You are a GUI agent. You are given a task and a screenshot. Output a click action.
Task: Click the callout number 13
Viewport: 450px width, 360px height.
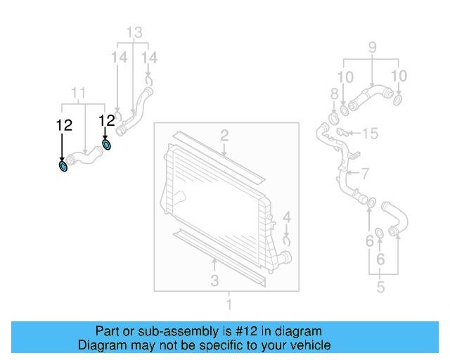point(134,32)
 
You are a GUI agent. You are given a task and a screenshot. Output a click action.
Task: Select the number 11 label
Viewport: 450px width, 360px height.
point(79,93)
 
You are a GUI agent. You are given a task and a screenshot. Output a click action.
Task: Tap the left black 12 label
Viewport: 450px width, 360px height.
point(64,125)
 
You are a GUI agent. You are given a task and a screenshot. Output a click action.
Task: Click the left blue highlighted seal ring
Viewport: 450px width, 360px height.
point(63,166)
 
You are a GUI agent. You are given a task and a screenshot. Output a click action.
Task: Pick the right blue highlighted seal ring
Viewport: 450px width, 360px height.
point(106,145)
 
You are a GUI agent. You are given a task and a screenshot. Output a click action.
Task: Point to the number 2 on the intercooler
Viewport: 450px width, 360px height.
point(224,134)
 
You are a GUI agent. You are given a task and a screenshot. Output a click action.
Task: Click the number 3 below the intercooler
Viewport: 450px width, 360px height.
point(214,281)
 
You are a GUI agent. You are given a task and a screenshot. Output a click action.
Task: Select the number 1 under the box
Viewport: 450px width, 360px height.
point(228,304)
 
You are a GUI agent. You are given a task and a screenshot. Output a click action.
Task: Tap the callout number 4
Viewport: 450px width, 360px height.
point(287,217)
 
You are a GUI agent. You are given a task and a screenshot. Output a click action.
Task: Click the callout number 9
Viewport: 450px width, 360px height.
point(372,48)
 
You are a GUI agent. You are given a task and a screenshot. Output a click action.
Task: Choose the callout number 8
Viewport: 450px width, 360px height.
point(334,94)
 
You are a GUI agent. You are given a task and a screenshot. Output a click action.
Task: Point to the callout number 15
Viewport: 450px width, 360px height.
point(370,132)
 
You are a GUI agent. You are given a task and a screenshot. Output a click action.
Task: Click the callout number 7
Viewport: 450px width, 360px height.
point(364,172)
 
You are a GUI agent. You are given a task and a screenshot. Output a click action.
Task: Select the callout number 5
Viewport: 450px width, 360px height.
point(380,286)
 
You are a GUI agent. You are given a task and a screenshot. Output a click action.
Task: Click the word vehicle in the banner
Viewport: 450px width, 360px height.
point(311,345)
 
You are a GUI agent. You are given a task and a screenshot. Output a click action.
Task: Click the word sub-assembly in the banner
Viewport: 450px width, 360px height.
point(164,331)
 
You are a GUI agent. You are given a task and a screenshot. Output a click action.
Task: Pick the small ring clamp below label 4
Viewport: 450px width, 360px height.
point(287,240)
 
